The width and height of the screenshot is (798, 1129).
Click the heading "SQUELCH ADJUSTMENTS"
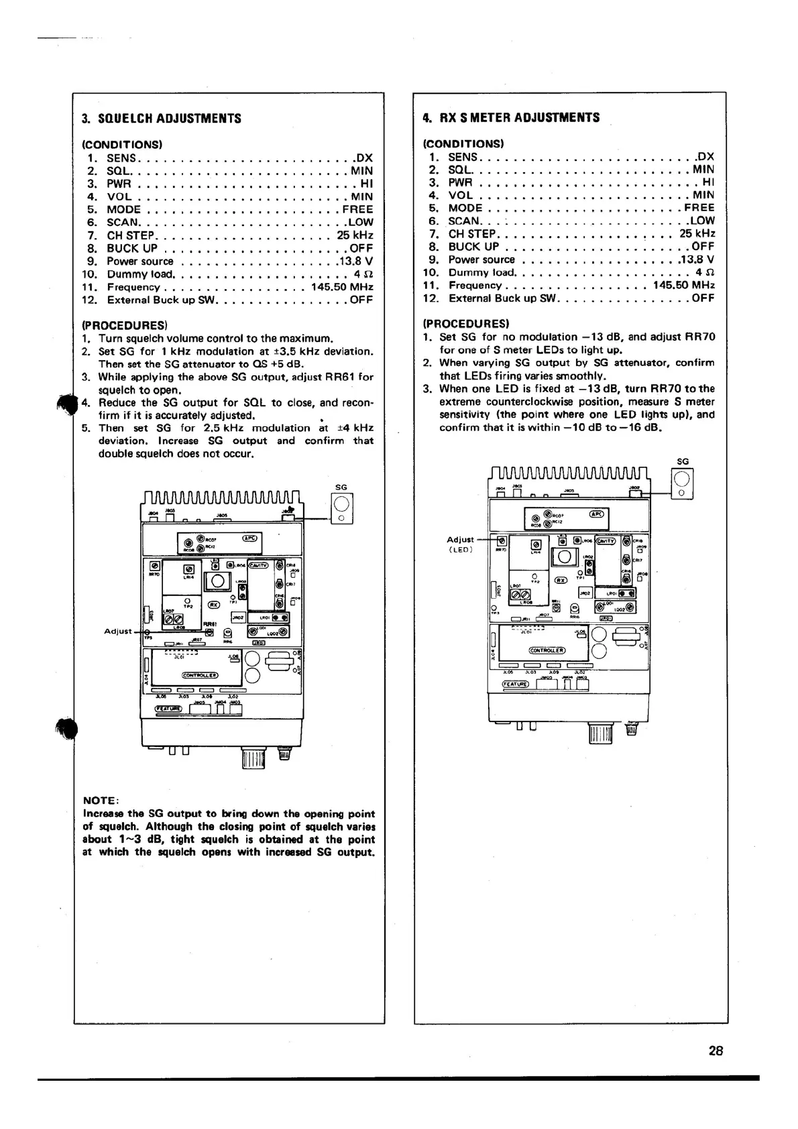point(169,119)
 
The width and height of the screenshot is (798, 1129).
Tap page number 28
point(716,1051)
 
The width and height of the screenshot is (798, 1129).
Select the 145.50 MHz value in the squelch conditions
point(342,287)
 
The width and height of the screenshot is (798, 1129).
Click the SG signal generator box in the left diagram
point(341,508)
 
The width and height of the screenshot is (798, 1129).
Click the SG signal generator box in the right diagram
point(682,483)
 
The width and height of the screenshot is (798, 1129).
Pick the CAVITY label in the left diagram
point(259,564)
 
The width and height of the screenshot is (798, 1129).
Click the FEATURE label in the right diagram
point(516,684)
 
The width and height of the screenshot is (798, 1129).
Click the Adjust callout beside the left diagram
point(119,631)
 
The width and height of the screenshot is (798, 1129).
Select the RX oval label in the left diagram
point(213,603)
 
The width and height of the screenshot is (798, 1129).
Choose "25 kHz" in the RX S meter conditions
point(697,233)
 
